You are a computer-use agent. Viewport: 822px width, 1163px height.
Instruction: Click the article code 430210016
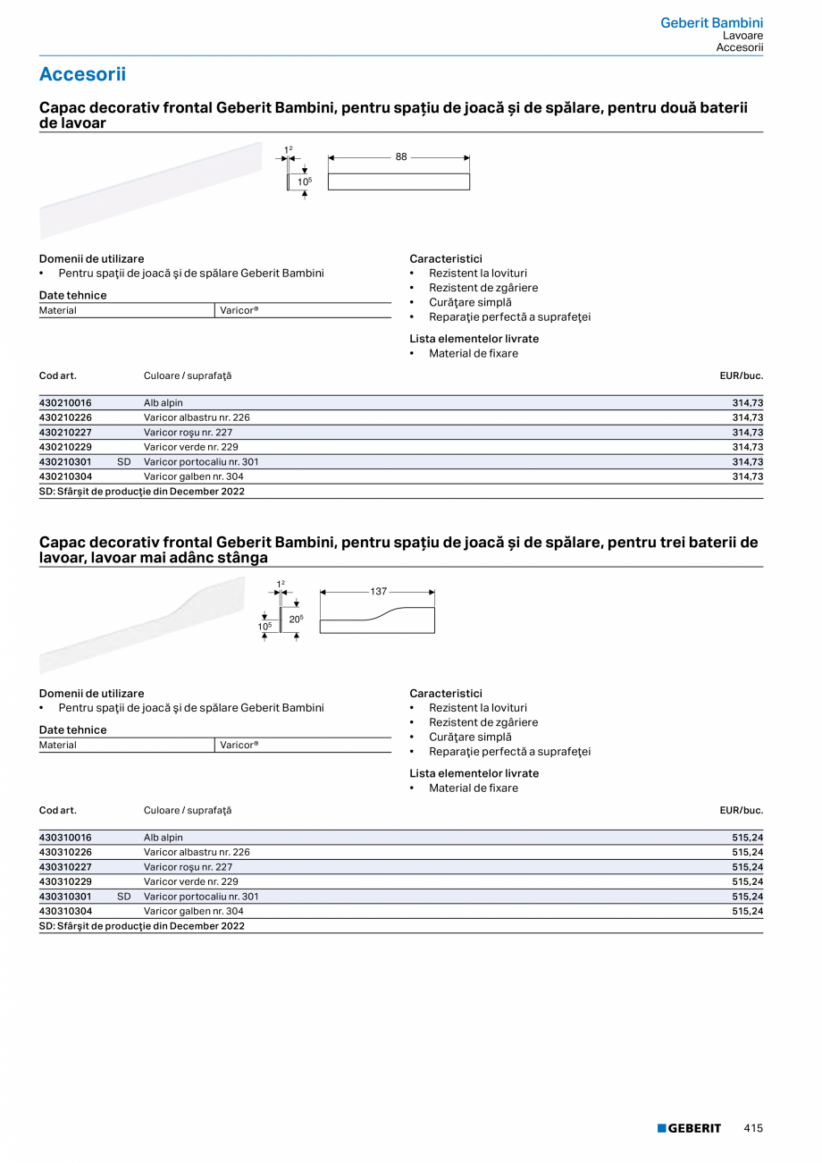click(65, 403)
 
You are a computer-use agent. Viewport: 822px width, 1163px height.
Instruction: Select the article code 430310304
click(65, 912)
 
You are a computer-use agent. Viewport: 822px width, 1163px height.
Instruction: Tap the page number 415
click(753, 1128)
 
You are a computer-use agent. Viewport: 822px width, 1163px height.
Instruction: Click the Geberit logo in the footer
click(689, 1128)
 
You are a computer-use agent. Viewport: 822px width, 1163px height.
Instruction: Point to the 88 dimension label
click(401, 157)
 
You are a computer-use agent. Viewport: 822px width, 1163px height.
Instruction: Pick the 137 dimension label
click(378, 592)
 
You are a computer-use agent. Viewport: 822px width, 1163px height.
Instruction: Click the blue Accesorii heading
click(82, 74)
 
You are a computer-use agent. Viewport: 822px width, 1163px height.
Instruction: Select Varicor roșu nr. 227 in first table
click(188, 433)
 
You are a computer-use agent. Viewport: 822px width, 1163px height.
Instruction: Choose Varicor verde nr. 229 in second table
click(190, 881)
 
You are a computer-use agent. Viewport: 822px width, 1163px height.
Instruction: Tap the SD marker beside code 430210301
click(124, 462)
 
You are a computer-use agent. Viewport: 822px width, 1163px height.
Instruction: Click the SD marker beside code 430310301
click(124, 897)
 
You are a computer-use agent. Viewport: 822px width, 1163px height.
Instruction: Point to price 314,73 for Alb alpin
click(747, 403)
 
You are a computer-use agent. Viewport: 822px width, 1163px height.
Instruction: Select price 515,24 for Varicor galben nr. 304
click(747, 912)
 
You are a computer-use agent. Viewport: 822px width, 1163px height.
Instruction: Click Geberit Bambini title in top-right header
click(711, 23)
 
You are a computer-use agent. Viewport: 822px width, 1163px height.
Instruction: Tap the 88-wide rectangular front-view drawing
click(398, 181)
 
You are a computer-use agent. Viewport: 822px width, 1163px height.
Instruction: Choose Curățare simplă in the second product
click(470, 737)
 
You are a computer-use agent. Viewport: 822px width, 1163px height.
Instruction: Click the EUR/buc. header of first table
click(741, 376)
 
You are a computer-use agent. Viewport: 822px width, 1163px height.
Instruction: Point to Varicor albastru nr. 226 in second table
click(197, 853)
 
